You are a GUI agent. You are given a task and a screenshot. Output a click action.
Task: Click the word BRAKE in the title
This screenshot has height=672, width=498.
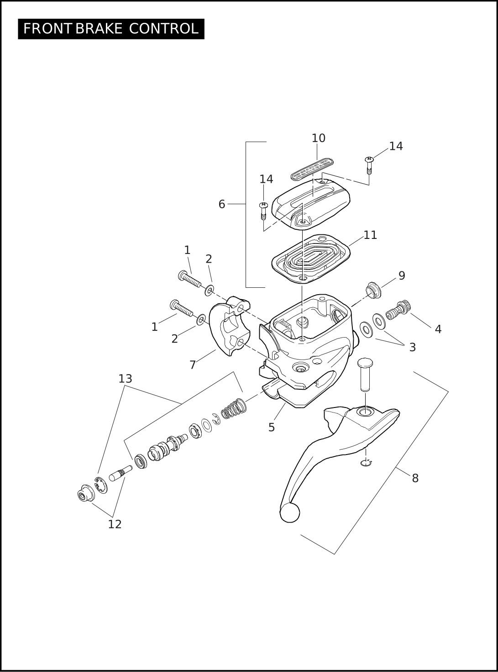coord(99,29)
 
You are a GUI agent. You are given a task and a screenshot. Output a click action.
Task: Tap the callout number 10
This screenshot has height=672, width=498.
coord(319,138)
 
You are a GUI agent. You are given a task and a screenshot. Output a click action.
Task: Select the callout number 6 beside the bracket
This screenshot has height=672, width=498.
coord(221,205)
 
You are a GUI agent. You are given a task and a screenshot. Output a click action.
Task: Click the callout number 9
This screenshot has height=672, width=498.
coord(402,276)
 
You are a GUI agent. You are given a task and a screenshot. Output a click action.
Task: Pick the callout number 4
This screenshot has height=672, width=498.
coord(438,329)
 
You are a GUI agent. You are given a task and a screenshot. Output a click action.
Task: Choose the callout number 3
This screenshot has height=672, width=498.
coord(412,348)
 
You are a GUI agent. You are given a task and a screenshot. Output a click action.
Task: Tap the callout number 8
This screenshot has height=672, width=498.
coord(415,478)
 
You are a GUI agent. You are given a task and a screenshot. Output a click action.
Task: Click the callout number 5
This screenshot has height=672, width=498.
coord(272,428)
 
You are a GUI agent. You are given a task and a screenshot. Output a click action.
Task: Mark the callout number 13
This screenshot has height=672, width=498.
coord(126,379)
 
